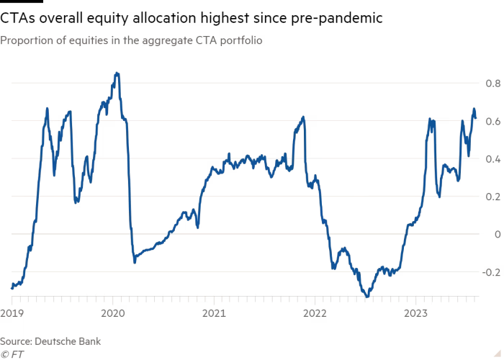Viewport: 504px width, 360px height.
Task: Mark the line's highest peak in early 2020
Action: pos(117,73)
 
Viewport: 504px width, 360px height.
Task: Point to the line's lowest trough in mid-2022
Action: pos(368,295)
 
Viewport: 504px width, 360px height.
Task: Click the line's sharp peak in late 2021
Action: pos(304,117)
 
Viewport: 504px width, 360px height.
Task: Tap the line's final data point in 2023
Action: pos(476,117)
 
